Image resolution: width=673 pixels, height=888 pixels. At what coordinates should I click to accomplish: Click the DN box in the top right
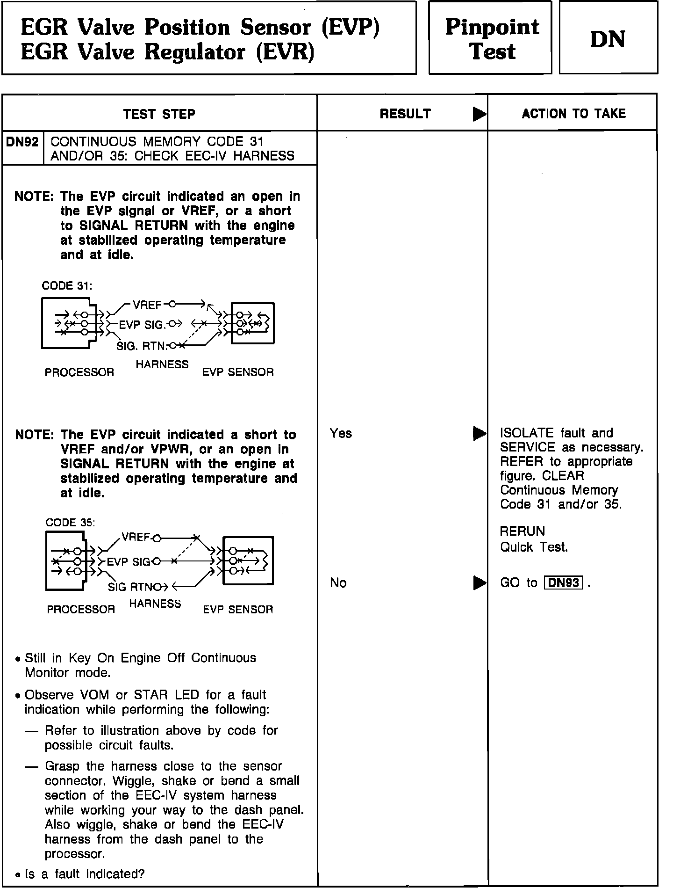(x=608, y=39)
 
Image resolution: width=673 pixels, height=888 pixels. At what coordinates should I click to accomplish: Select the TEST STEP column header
(x=159, y=114)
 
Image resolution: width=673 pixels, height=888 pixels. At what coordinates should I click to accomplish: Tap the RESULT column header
(x=405, y=114)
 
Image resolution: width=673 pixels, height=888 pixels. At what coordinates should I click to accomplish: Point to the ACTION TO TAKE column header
(x=573, y=114)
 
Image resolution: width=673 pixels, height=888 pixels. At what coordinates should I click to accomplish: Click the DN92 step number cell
(x=22, y=142)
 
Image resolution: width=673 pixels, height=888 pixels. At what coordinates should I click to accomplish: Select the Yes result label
(x=341, y=433)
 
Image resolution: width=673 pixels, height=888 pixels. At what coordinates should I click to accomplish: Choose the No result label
(x=338, y=582)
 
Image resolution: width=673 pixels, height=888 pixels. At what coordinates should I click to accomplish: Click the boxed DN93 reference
(x=563, y=583)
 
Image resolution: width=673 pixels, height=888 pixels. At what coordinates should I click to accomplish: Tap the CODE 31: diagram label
(x=67, y=286)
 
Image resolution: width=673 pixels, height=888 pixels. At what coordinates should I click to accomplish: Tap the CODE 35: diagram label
(x=70, y=523)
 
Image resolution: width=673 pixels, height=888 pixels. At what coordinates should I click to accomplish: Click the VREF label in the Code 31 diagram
(x=147, y=305)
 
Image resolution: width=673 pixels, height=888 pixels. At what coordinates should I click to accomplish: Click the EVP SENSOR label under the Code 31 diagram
(x=238, y=372)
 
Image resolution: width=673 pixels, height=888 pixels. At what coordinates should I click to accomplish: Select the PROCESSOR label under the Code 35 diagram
(x=81, y=609)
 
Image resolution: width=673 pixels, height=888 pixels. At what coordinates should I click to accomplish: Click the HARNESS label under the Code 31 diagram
(x=162, y=364)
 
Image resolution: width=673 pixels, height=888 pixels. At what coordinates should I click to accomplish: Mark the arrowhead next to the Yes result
(x=479, y=434)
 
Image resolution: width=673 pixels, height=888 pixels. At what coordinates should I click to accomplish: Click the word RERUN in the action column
(x=523, y=531)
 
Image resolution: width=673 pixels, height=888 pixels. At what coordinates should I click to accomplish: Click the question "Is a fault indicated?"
(x=85, y=874)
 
